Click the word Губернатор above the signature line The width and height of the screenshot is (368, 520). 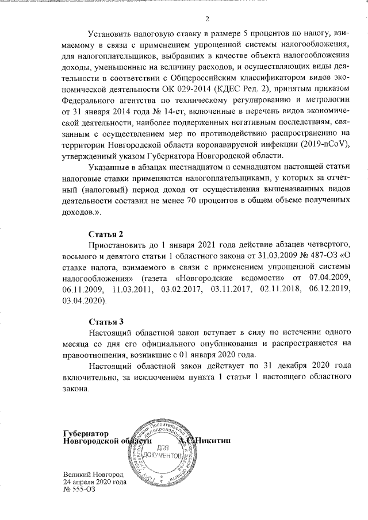tap(86, 432)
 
